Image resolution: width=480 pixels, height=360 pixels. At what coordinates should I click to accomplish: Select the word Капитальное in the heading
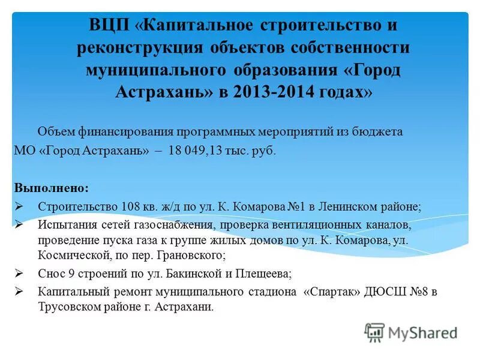click(x=199, y=27)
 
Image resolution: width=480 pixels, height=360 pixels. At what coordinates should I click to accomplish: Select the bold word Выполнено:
click(x=51, y=188)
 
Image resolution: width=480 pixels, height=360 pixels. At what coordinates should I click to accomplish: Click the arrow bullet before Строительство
click(x=19, y=206)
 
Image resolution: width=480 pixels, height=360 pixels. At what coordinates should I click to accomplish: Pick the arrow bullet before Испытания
click(x=19, y=224)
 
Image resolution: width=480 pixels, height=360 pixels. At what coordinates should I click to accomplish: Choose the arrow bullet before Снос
click(x=19, y=274)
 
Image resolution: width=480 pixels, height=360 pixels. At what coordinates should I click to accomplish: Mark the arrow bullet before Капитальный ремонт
click(x=19, y=292)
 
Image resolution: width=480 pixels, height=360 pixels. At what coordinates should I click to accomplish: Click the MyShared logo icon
click(x=374, y=332)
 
